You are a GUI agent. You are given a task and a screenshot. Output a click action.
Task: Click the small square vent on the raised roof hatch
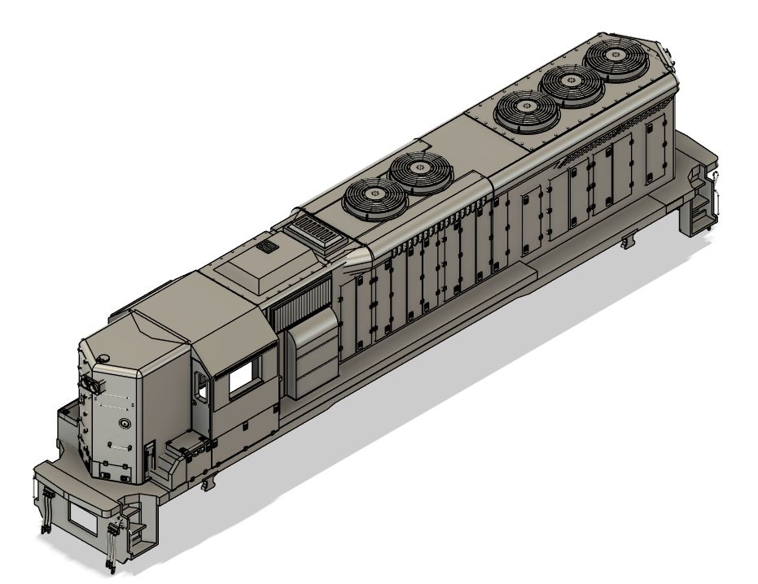265,246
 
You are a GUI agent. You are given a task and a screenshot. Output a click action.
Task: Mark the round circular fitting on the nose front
123,424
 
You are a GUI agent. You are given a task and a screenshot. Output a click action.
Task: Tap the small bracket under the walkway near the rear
626,242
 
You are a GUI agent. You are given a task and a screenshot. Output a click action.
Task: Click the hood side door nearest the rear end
654,138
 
